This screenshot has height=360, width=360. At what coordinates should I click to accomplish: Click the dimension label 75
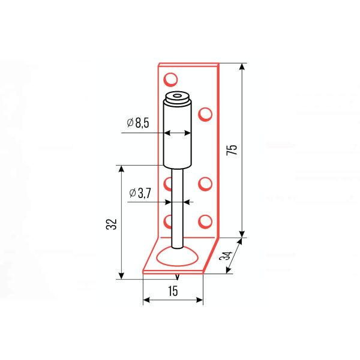click(x=232, y=150)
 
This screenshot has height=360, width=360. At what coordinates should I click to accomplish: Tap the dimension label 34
click(x=226, y=256)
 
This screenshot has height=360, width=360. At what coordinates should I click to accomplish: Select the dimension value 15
click(x=173, y=291)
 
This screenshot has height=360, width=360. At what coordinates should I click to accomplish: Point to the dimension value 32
click(x=112, y=224)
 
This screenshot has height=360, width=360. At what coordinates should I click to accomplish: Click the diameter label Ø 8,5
click(x=138, y=122)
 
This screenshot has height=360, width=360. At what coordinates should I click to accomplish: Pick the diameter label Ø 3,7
click(x=140, y=193)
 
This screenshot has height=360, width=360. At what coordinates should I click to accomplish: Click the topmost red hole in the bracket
click(x=170, y=79)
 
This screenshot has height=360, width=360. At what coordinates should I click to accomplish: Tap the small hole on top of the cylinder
click(x=177, y=95)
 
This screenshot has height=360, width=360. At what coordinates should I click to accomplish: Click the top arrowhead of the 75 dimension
click(x=242, y=67)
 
